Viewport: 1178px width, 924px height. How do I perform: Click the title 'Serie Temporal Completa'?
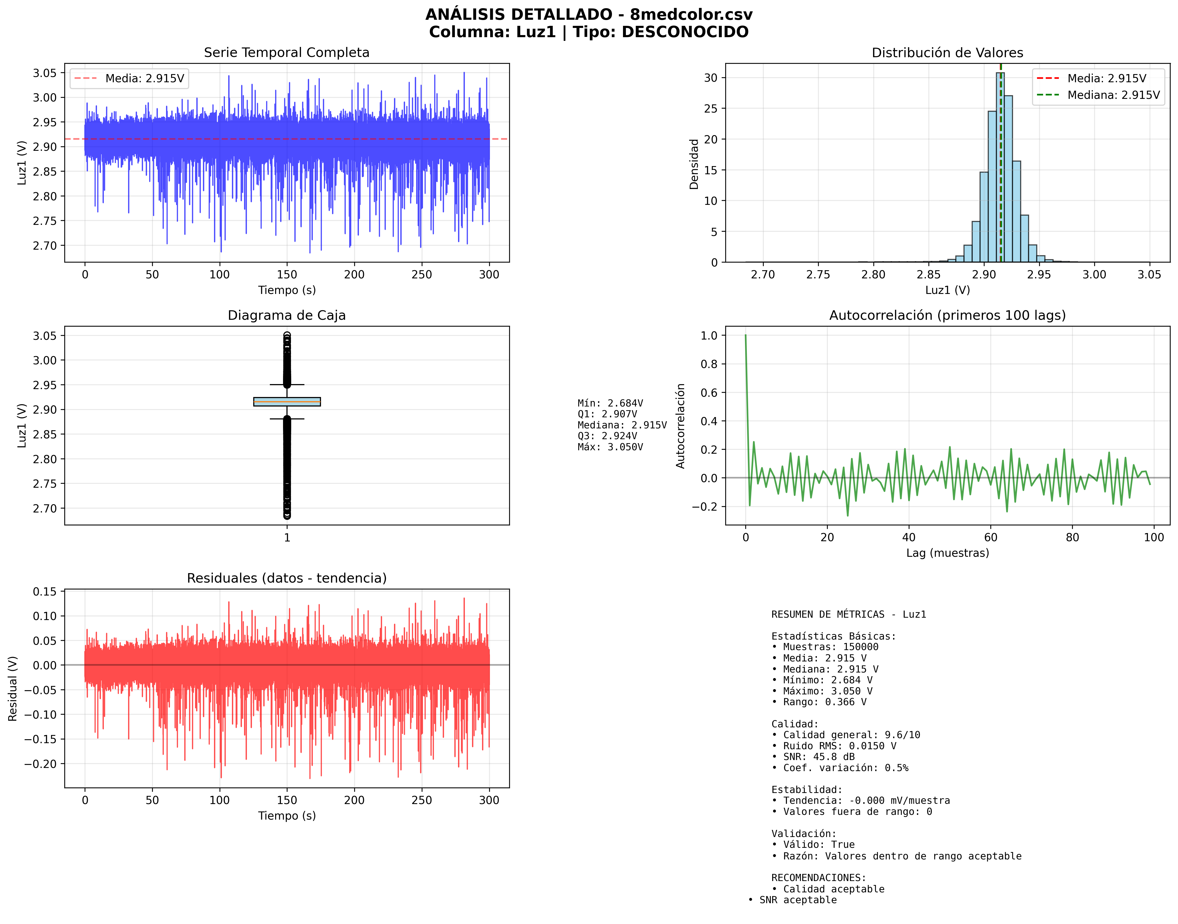[287, 52]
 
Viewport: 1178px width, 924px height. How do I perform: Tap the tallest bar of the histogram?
[1000, 168]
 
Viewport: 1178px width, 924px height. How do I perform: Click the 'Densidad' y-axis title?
[694, 164]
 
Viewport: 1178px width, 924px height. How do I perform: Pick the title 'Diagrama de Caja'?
[287, 315]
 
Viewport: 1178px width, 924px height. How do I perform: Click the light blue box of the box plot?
[287, 401]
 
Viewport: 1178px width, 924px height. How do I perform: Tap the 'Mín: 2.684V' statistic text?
[610, 403]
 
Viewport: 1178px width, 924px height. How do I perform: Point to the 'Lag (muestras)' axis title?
[948, 553]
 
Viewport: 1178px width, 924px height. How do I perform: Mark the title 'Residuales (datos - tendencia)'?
[287, 578]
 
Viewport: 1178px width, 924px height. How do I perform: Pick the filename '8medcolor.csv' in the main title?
[691, 14]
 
